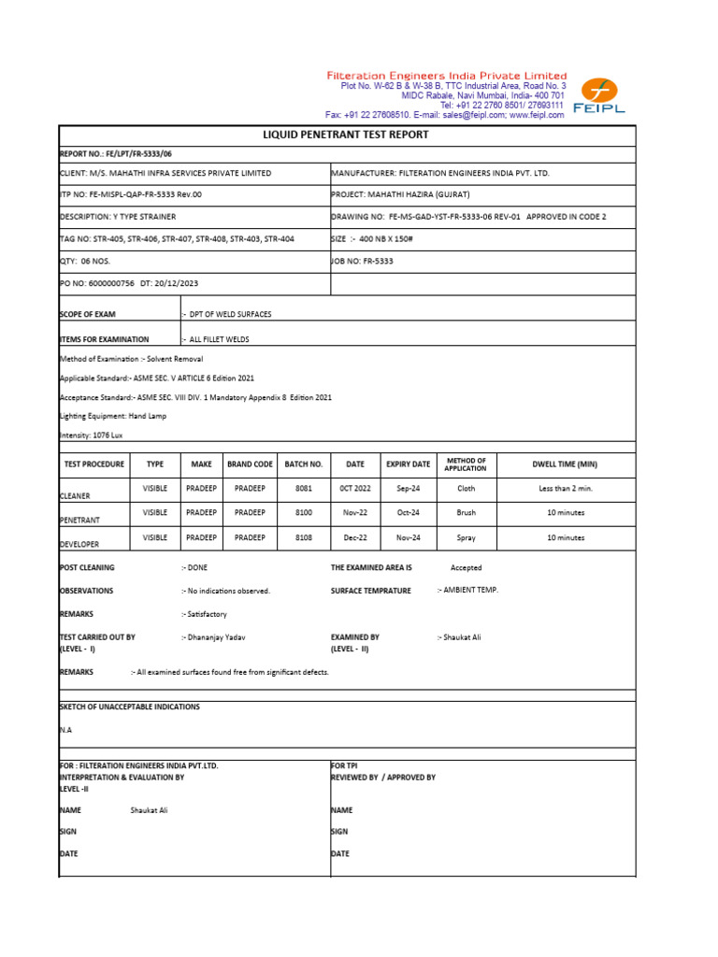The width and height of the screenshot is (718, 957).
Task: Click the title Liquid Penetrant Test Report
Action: click(x=347, y=135)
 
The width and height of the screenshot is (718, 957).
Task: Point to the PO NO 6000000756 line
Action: click(x=129, y=283)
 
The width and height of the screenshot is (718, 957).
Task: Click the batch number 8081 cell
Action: click(x=303, y=488)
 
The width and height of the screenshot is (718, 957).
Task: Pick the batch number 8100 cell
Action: click(x=303, y=513)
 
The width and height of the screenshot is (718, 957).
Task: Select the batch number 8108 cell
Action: click(x=303, y=537)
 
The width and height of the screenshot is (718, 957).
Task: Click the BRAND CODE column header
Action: click(x=250, y=464)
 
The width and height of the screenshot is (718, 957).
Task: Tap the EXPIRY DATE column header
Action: click(x=408, y=464)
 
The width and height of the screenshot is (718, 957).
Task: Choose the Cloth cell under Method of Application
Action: click(x=466, y=488)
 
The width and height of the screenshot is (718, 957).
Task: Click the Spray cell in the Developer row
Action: click(x=466, y=537)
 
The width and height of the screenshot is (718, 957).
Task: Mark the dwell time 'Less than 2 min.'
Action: click(x=565, y=488)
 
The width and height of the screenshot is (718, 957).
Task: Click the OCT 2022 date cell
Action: click(x=355, y=488)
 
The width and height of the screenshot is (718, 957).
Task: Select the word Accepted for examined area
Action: click(x=466, y=567)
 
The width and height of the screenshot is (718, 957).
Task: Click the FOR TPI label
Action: click(x=345, y=764)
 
